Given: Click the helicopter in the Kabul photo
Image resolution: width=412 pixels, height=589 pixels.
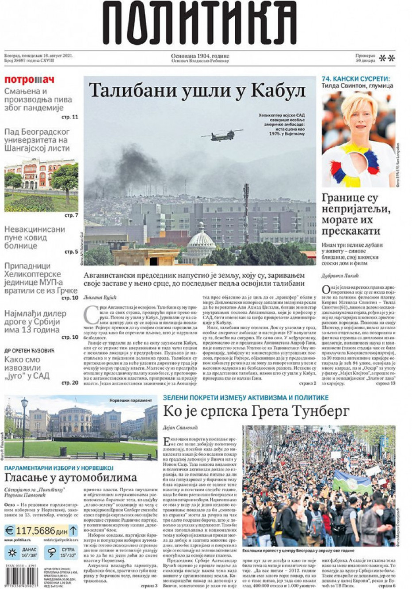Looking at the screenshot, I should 222,135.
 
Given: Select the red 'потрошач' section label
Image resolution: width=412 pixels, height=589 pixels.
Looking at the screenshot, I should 29,80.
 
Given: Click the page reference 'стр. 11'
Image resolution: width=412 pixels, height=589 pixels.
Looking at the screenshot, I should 70,117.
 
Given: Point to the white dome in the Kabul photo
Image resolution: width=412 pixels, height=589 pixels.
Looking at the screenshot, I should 201,240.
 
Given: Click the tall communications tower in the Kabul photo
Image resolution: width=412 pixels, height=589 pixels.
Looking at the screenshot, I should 245,213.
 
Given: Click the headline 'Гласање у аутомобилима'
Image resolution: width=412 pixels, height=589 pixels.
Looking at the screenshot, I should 70,477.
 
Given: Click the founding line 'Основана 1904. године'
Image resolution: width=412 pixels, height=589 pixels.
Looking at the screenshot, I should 200,56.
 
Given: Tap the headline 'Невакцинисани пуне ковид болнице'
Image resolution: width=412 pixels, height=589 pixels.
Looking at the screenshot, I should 35,237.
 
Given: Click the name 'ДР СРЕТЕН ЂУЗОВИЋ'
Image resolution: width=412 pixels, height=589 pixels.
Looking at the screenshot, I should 29,350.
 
